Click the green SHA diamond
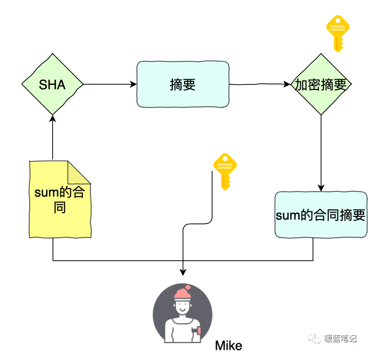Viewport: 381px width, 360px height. click(x=53, y=84)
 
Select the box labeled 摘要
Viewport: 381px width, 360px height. click(x=183, y=84)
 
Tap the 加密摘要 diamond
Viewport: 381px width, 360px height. click(x=321, y=85)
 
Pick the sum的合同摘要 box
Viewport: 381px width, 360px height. click(x=321, y=215)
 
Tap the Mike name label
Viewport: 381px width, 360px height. click(x=228, y=346)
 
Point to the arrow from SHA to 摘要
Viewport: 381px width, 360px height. click(x=110, y=84)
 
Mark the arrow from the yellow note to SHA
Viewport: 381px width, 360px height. click(x=53, y=138)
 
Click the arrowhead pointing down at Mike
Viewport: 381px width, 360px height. click(x=183, y=273)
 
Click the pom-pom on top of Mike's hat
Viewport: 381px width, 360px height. click(x=188, y=287)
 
